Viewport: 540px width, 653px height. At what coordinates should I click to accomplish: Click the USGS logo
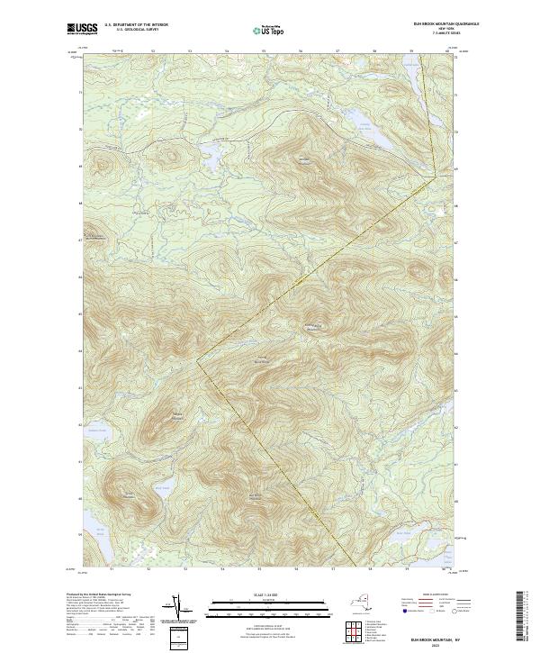pos(83,29)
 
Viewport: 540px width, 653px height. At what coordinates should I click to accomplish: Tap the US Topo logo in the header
pos(269,29)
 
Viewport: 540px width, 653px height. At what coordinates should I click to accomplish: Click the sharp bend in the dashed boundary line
pos(200,358)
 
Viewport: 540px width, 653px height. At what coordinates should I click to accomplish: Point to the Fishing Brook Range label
pos(314,328)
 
